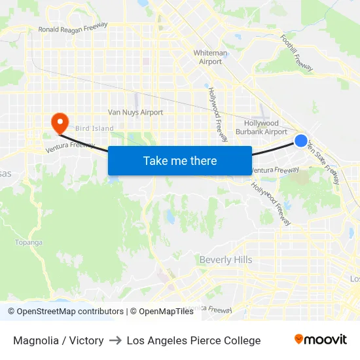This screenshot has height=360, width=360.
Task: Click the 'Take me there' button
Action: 180,160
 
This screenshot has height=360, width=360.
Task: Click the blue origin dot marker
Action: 301,140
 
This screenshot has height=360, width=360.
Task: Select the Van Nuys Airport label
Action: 135,112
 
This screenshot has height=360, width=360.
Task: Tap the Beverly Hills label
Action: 225,260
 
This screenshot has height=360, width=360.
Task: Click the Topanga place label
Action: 29,242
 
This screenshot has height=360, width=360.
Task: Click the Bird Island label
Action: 94,128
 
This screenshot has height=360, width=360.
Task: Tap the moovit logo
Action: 320,340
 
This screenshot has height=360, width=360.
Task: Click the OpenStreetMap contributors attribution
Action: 65,312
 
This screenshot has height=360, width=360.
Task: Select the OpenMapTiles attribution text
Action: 162,312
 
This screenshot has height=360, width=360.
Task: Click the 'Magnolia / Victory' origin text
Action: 58,340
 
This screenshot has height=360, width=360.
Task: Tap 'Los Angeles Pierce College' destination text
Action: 194,340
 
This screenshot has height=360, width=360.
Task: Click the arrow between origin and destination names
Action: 115,340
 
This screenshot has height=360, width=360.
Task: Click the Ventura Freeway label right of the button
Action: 275,170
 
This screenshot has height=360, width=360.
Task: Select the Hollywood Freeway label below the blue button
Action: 271,204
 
